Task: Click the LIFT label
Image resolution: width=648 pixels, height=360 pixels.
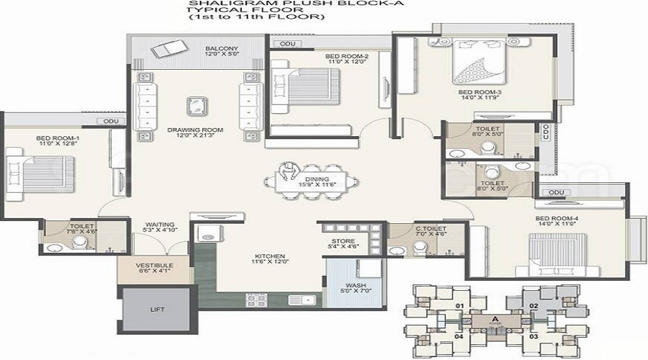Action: pyautogui.click(x=158, y=310)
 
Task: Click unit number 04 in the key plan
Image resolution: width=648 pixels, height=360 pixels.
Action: pyautogui.click(x=458, y=336)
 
